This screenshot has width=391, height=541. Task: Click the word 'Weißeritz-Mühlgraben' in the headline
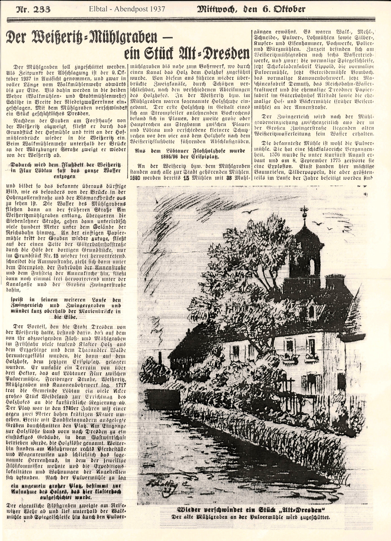[81, 38]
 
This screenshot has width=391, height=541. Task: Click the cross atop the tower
[304, 211]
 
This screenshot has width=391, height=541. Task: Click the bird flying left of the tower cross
[246, 211]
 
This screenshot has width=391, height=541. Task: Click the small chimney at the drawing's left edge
[160, 357]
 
